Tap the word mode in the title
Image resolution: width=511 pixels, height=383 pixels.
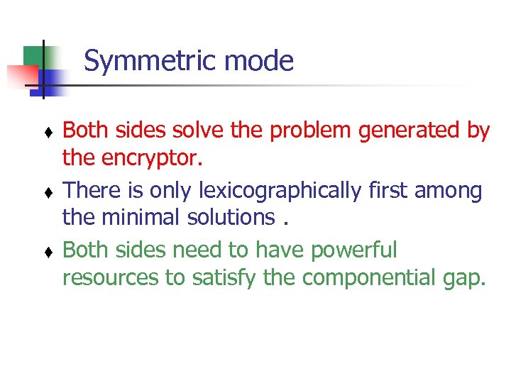coord(259,62)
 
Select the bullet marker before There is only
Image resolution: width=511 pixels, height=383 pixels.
coord(48,192)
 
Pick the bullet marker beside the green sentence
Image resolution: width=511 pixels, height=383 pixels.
coord(48,252)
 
